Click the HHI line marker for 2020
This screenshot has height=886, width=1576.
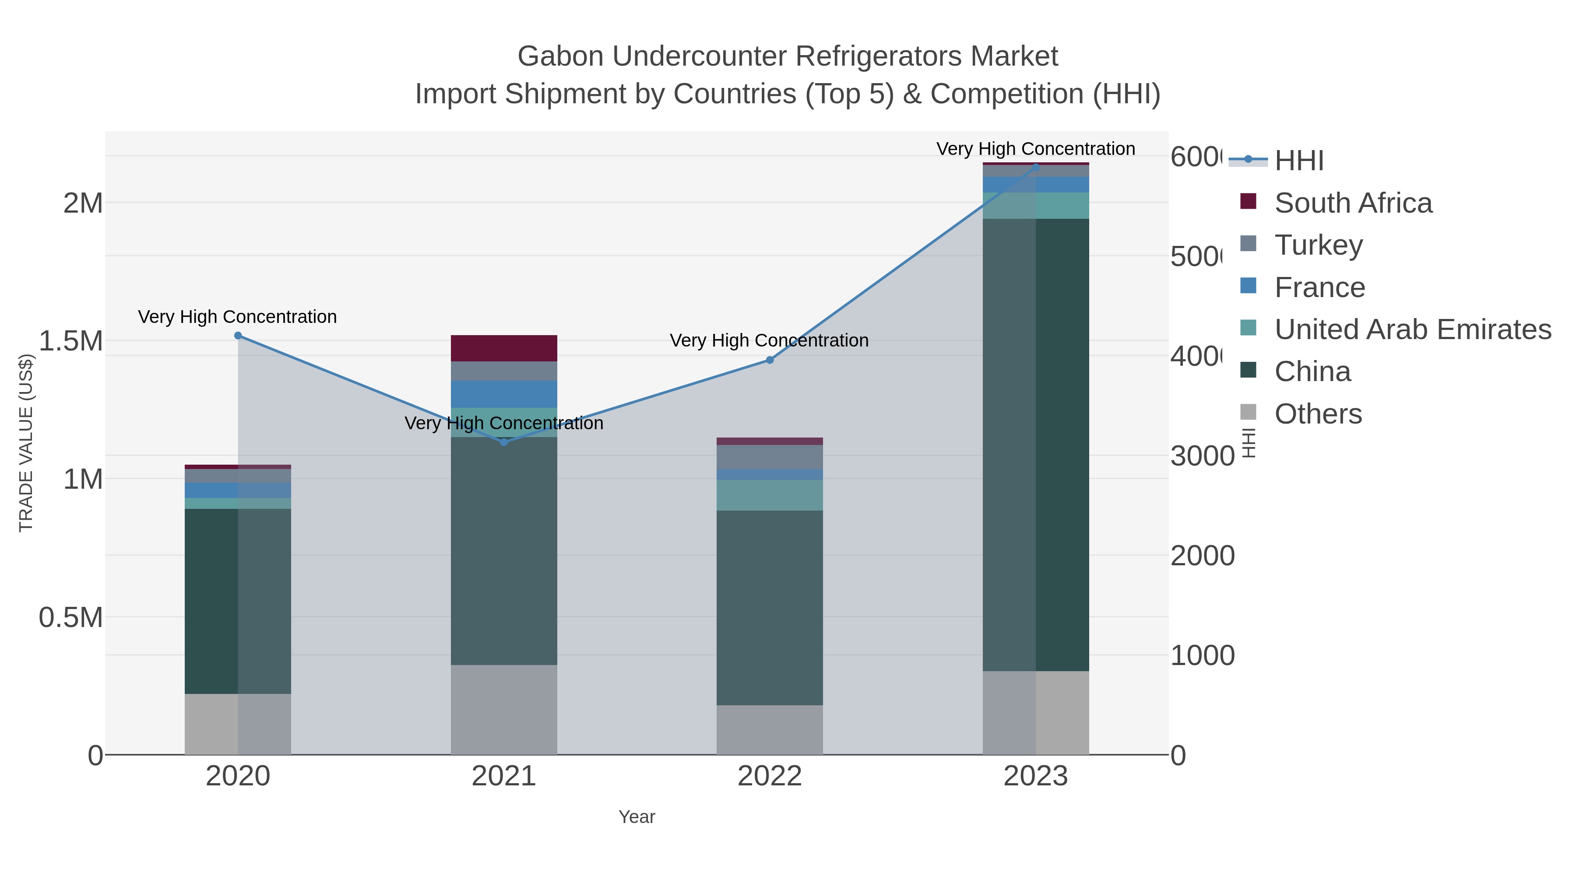[x=238, y=336]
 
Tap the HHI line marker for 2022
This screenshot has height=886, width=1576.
[x=770, y=360]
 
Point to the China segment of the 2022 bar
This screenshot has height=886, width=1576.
[x=770, y=608]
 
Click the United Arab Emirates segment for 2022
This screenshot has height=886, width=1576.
[x=770, y=495]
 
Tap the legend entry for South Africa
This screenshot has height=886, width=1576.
[x=1353, y=203]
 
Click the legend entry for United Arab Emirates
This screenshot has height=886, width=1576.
[x=1412, y=329]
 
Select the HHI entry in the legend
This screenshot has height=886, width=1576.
[x=1298, y=161]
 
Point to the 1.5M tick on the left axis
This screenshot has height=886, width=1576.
[x=71, y=341]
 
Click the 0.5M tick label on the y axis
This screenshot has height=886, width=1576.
[x=71, y=617]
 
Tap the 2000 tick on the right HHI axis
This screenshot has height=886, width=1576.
[x=1202, y=556]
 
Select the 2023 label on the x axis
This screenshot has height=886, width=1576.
[x=1035, y=777]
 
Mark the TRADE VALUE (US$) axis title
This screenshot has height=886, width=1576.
[x=26, y=443]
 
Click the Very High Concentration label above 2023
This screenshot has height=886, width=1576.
[x=1035, y=149]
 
